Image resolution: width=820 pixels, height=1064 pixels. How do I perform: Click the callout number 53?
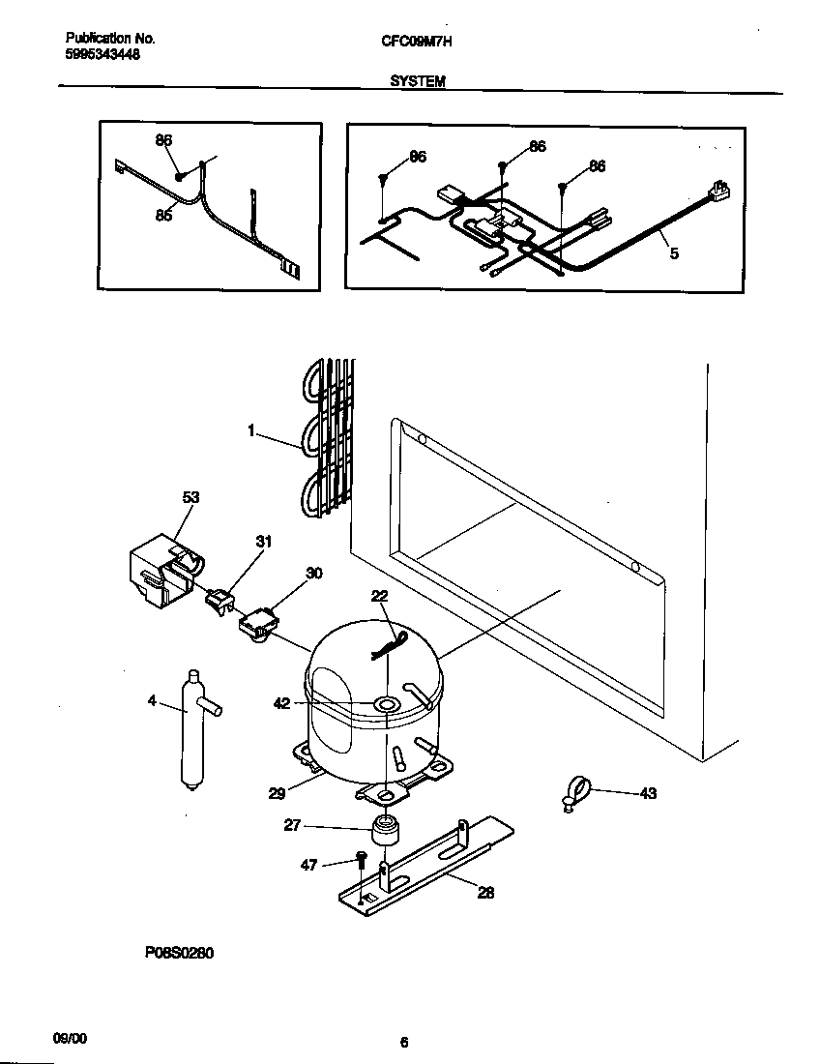(190, 497)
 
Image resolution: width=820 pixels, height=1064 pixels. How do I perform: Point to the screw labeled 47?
(361, 860)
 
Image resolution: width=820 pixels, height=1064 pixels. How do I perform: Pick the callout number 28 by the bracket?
(485, 893)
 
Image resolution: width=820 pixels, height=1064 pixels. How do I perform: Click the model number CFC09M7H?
(417, 40)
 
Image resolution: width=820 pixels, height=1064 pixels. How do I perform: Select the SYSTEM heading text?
(417, 82)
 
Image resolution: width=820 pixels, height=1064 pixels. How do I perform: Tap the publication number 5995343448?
(102, 55)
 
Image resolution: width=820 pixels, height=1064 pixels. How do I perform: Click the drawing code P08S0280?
(179, 953)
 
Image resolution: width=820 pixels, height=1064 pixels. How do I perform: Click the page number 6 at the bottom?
(404, 1042)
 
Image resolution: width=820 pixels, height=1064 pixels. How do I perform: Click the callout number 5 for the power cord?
(674, 253)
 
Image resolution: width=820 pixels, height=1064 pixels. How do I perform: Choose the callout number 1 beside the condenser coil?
(251, 431)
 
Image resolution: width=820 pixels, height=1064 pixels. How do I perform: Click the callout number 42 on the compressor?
(281, 703)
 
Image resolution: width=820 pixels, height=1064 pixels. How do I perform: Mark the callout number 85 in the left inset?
(163, 216)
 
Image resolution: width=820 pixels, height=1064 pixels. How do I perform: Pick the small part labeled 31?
(220, 603)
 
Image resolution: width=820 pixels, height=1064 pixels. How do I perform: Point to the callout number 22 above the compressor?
(379, 597)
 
